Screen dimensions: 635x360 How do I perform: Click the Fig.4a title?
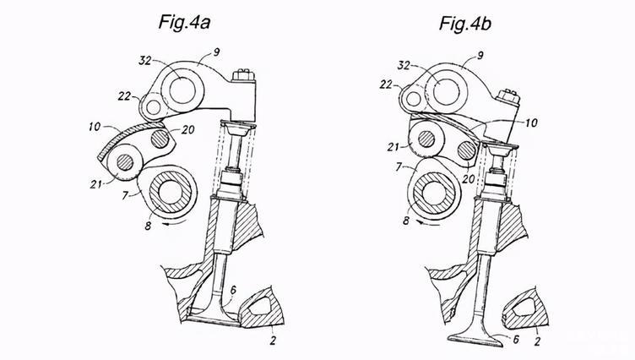pos(184,22)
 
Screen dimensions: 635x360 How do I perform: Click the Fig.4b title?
pos(465,23)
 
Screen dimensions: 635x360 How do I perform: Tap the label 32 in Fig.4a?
pos(144,61)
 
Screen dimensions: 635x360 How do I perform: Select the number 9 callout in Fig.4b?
pos(480,56)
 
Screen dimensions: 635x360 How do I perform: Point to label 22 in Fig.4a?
pos(124,96)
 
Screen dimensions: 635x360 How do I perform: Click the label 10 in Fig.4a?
pos(95,127)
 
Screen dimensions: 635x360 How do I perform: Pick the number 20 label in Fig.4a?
pos(188,130)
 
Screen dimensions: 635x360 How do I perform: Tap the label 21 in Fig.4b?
pos(393,147)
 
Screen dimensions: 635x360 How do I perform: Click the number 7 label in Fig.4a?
pos(126,196)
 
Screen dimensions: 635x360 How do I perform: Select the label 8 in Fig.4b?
pos(406,221)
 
